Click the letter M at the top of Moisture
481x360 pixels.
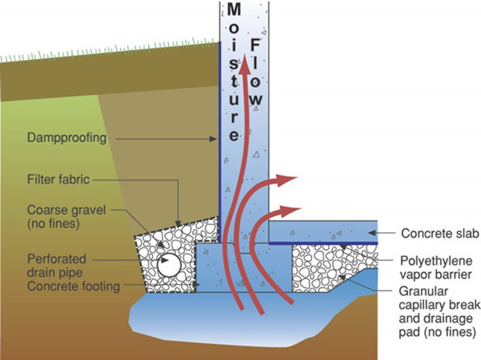[235, 10]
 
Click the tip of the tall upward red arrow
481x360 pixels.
[245, 58]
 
